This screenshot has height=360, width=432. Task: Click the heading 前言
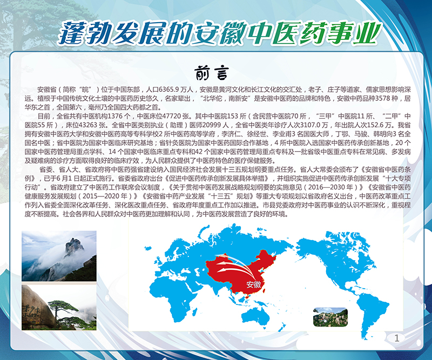[x=212, y=73]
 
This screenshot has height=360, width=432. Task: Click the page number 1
[x=397, y=338]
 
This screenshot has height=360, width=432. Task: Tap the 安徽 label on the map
[x=254, y=284]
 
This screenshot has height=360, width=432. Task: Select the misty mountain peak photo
[x=59, y=256]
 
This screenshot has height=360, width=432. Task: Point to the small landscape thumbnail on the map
[x=330, y=317]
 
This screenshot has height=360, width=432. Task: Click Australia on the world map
[x=255, y=315]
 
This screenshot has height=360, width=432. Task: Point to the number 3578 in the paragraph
[x=383, y=98]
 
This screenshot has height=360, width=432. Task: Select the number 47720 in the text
[x=172, y=116]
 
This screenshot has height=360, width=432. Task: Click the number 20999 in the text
[x=212, y=125]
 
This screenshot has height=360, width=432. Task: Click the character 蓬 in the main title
[x=72, y=32]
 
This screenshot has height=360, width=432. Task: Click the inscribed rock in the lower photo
[x=37, y=307]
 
